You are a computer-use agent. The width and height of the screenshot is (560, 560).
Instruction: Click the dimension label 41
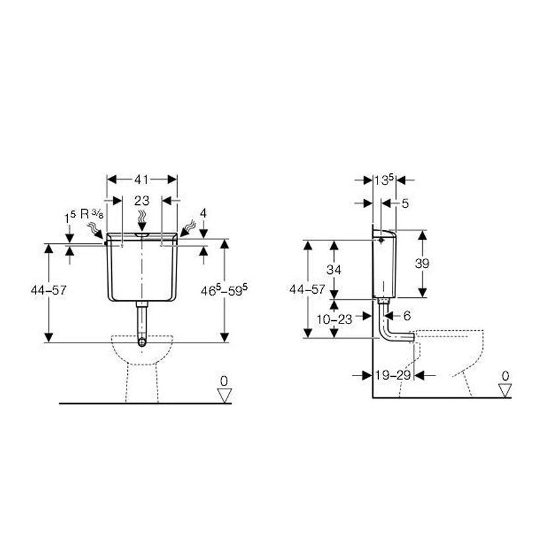click(142, 179)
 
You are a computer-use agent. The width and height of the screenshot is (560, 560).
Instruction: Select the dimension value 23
click(142, 201)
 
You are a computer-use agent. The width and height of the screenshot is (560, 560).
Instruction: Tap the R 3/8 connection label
click(92, 214)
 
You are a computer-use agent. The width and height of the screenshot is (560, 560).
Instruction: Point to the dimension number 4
click(203, 213)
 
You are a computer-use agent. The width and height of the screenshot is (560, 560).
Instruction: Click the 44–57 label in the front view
click(49, 290)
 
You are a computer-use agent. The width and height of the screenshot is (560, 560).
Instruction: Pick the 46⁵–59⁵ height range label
click(224, 290)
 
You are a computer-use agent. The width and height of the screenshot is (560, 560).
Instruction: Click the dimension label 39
click(422, 264)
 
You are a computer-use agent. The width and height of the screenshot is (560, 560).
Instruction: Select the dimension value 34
click(334, 269)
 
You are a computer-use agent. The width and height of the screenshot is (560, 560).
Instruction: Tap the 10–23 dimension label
click(334, 319)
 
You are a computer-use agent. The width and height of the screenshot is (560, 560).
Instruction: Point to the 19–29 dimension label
click(393, 375)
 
